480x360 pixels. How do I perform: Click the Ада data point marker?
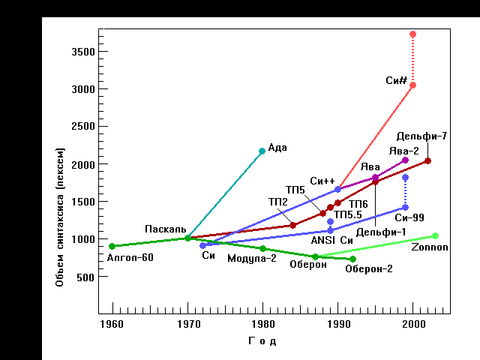pos(262,151)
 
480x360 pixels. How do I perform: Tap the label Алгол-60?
pos(130,257)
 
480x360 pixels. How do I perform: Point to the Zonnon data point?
pos(435,236)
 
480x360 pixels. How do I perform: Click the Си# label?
pos(396,79)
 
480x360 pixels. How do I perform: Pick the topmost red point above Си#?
pos(412,34)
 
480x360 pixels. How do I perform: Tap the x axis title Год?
pos(262,342)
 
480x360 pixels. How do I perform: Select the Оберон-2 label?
pos(369,269)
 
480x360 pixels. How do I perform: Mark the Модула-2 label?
pos(252,258)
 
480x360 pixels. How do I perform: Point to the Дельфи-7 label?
pos(422,136)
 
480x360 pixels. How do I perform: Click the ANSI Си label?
pos(332,240)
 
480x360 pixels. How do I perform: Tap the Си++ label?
pos(322,181)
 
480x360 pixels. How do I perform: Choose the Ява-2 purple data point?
pos(405,160)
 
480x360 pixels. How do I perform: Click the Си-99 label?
pos(409,217)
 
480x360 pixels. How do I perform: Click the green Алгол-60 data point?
pos(112,246)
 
